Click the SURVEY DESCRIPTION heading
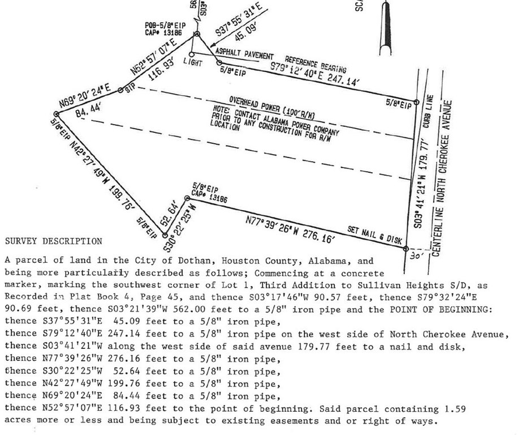54,241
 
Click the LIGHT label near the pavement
193,62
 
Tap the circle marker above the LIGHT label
192,54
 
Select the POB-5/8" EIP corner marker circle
197,34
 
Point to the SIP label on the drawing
130,88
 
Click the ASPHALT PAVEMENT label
244,54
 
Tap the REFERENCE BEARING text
316,65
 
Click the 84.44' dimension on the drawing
87,110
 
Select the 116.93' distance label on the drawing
161,70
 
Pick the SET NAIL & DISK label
374,234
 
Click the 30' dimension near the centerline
416,255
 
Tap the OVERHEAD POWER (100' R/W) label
272,108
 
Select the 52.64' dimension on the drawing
170,216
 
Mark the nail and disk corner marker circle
406,249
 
